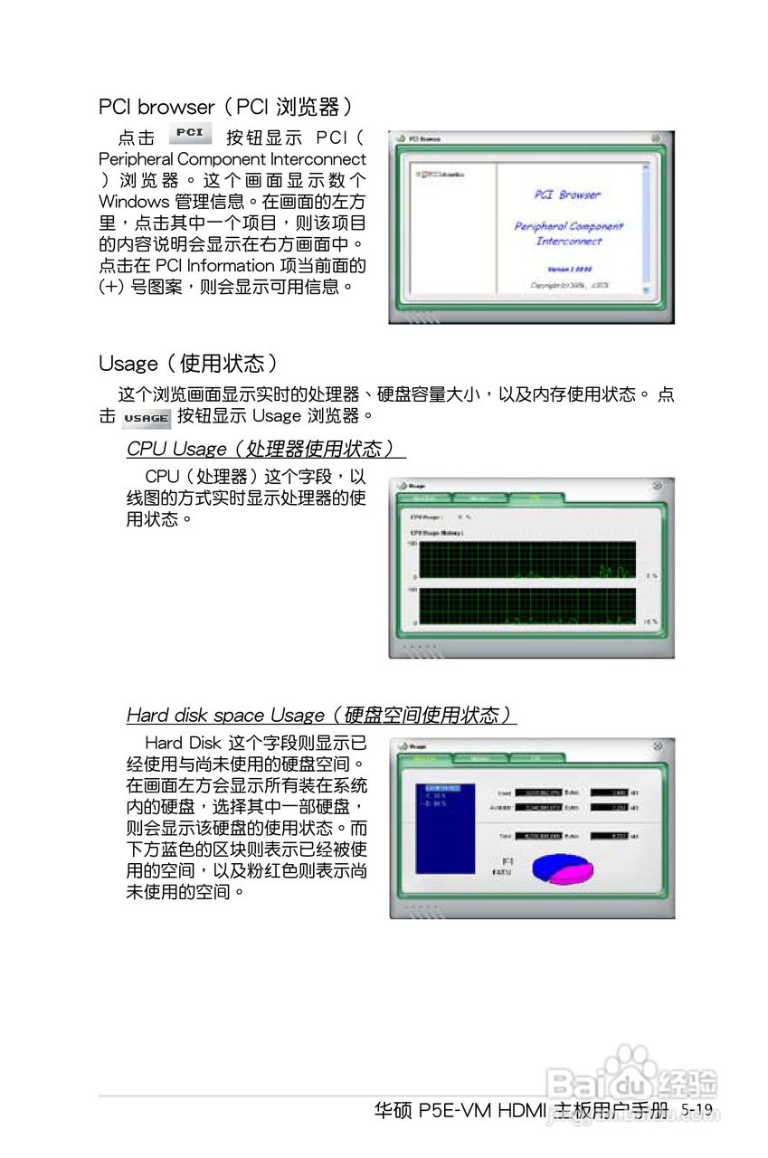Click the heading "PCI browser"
tap(156, 107)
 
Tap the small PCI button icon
tap(190, 134)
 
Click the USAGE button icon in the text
tap(146, 418)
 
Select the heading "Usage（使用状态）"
tap(188, 364)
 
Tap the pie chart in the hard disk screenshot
tap(562, 868)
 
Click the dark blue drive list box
tap(444, 828)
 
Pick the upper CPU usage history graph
tap(527, 560)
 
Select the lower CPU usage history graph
tap(527, 605)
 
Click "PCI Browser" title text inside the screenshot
tap(567, 195)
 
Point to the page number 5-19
tap(697, 1110)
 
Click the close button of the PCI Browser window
tap(656, 138)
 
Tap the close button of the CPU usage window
tap(657, 486)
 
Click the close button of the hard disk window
tap(657, 745)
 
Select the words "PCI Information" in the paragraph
tap(213, 266)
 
